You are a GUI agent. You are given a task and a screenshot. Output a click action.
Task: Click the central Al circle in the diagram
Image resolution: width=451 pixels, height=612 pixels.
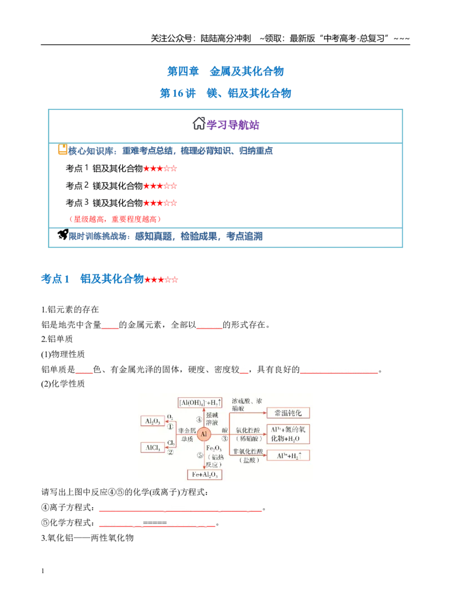pos(204,433)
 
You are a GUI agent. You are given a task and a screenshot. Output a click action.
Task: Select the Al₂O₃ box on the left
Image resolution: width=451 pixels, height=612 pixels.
pos(152,421)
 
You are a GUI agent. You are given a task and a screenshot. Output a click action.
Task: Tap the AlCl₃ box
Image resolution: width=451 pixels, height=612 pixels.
pos(152,447)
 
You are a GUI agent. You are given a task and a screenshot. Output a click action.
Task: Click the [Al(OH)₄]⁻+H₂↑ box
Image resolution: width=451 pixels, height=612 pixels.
pos(200,402)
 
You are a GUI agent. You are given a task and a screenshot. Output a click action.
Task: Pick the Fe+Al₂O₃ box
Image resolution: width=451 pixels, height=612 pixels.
pos(205,474)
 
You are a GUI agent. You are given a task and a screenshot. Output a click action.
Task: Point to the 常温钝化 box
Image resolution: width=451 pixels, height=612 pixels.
pos(288,413)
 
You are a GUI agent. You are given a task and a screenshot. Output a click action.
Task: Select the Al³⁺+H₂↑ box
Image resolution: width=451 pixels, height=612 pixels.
pos(288,455)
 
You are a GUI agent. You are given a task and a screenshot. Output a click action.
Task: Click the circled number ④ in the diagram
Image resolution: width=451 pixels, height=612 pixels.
pos(199,420)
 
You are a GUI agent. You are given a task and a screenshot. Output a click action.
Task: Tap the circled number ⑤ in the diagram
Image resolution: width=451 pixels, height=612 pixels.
pos(200,455)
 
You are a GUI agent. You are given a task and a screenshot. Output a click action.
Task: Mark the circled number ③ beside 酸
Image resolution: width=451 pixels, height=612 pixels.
pos(224,438)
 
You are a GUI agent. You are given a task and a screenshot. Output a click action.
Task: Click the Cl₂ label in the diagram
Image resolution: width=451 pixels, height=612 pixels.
pos(171,443)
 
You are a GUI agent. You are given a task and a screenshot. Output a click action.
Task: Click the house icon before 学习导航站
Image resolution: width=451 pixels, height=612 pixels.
pos(199,123)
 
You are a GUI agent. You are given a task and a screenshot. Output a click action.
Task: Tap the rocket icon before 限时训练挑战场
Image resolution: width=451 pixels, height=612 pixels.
pos(63,234)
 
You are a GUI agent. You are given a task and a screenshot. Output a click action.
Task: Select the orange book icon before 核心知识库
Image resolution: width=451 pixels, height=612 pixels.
pos(63,149)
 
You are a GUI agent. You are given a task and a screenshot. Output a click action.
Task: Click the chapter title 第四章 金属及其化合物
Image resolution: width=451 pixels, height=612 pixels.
pos(225,72)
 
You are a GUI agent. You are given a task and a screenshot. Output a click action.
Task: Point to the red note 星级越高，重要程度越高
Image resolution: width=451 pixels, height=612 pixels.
pos(115,219)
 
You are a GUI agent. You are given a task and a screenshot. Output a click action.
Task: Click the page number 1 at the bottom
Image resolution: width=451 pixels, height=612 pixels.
pos(42,571)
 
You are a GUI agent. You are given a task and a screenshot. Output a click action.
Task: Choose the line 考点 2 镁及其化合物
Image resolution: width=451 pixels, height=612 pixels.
pos(121,186)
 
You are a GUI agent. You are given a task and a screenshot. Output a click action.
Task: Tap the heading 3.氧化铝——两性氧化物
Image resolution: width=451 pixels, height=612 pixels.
pos(87,538)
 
